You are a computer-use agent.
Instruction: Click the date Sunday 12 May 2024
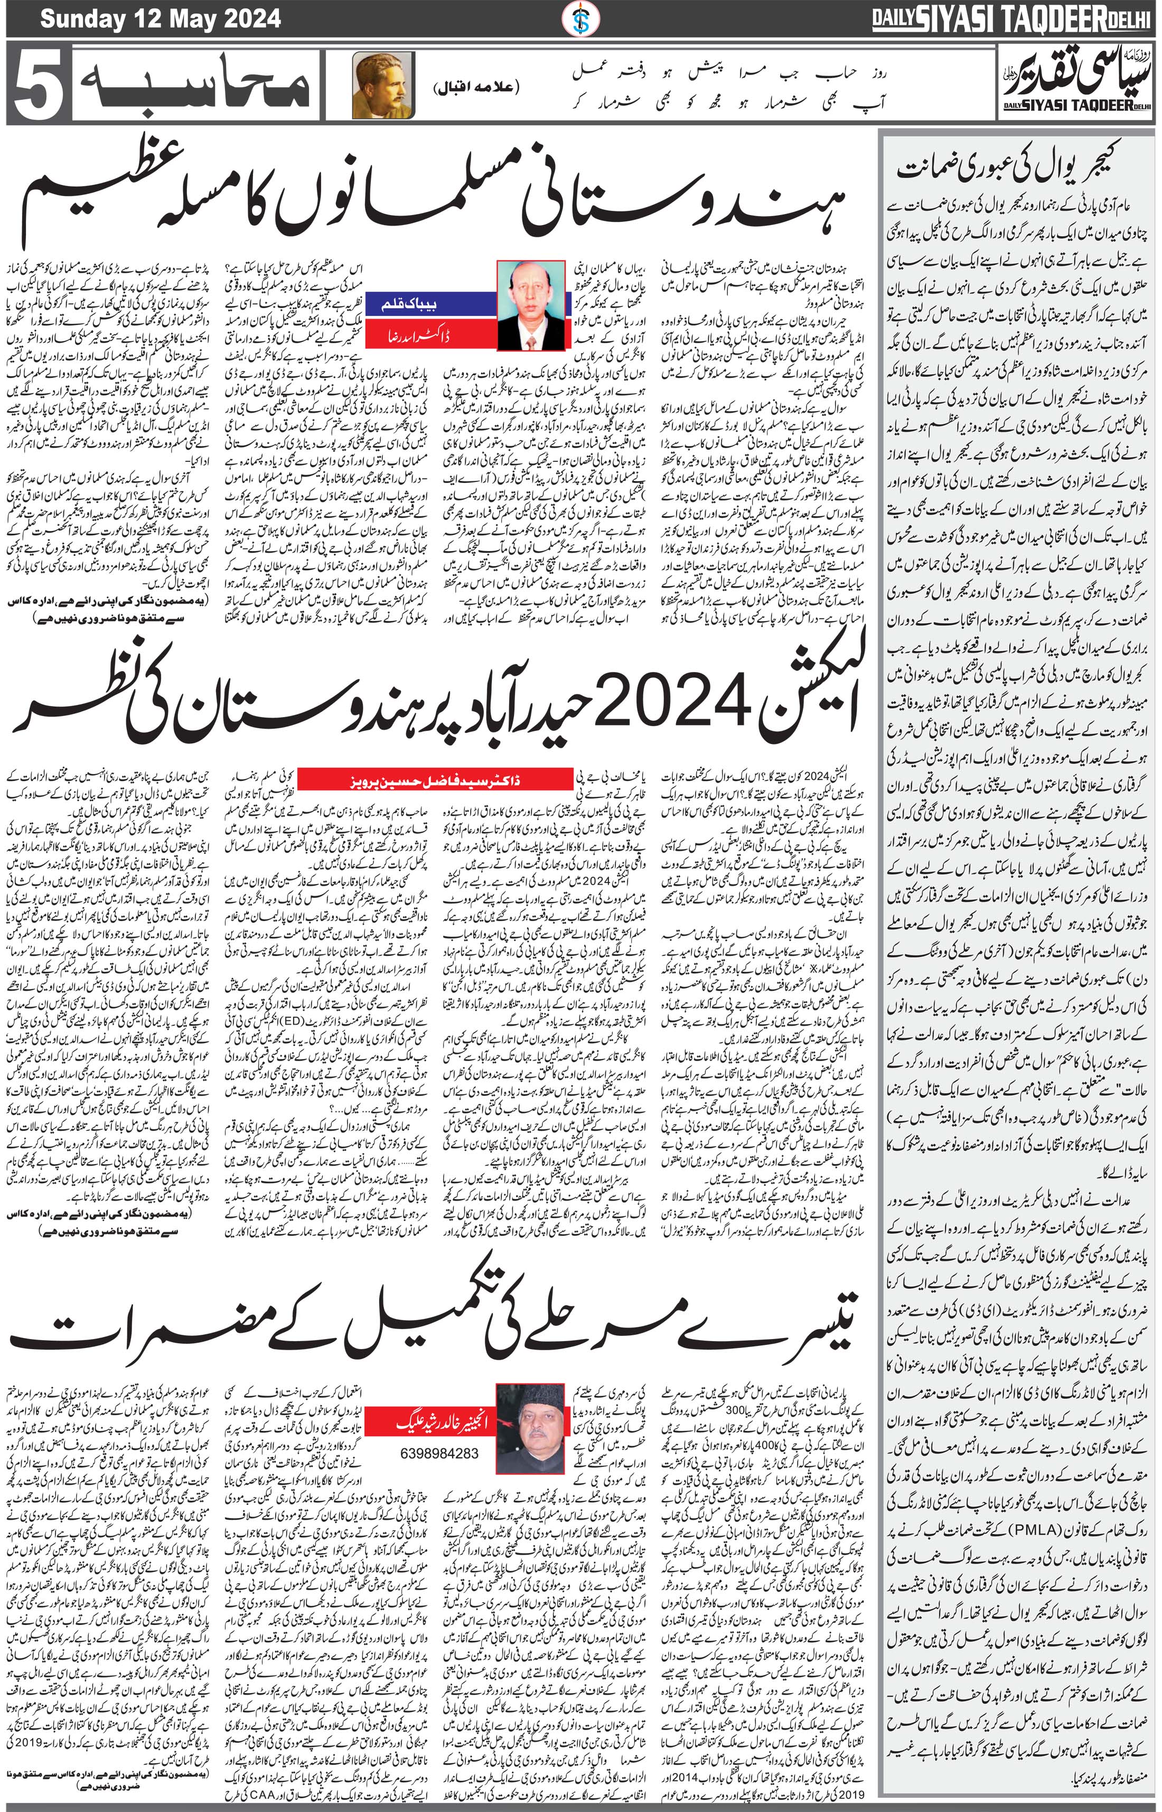tap(160, 18)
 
